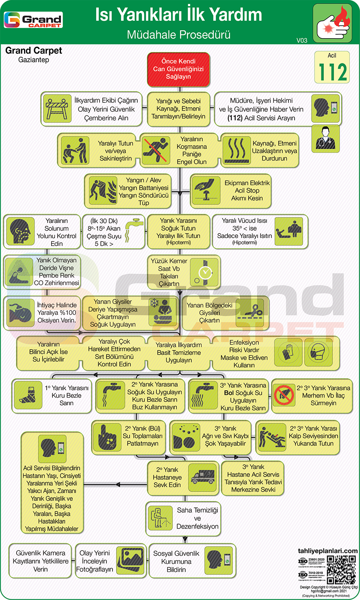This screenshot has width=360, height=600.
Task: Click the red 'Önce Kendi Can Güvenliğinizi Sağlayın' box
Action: [178, 69]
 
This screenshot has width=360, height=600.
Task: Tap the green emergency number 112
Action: [332, 72]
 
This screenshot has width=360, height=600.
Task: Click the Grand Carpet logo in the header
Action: [33, 20]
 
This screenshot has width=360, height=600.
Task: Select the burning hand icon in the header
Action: [332, 23]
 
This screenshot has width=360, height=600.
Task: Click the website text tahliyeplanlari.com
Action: [327, 551]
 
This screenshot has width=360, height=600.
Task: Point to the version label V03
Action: [302, 40]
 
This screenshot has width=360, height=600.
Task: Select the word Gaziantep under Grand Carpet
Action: [34, 60]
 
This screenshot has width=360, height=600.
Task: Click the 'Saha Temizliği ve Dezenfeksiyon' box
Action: [184, 518]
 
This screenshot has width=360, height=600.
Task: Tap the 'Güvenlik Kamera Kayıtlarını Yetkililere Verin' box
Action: [40, 561]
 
